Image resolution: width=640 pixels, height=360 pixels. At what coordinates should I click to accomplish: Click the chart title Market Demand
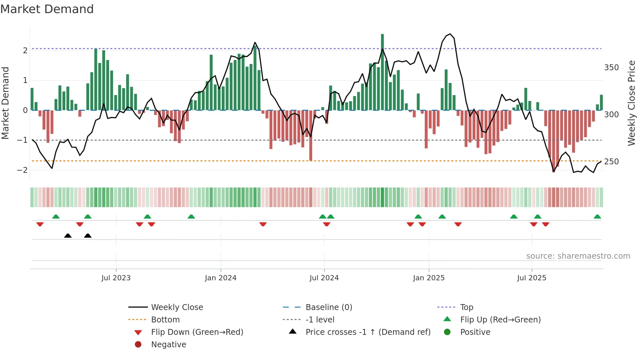47,9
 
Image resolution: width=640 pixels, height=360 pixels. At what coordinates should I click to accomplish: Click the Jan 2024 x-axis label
220,278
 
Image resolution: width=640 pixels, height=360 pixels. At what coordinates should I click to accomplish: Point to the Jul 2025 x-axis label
532,278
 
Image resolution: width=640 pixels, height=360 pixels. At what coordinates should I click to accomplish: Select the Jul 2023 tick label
116,278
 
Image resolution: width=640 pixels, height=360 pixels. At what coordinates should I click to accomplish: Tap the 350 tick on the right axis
611,68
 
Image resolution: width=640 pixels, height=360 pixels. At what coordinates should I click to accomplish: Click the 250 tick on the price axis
611,162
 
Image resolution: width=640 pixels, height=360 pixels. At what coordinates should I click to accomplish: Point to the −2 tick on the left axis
22,170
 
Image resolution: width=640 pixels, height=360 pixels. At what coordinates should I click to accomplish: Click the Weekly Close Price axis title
632,103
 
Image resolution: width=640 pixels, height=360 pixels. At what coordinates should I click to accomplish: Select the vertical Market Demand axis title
6,103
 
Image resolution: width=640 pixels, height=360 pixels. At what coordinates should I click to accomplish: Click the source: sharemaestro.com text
578,256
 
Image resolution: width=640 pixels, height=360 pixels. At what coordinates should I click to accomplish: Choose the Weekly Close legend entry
177,307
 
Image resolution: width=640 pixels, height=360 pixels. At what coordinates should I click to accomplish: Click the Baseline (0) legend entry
328,307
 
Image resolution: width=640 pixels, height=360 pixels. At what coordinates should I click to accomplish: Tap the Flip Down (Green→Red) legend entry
197,332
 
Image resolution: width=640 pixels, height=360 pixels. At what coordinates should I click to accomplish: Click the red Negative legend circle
138,345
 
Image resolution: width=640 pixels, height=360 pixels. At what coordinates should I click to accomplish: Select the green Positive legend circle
447,332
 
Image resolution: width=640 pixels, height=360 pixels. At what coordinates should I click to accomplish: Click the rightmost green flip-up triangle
597,217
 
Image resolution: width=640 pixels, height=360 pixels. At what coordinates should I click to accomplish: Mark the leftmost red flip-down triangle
40,224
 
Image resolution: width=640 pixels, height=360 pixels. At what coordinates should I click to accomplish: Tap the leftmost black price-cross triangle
68,236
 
